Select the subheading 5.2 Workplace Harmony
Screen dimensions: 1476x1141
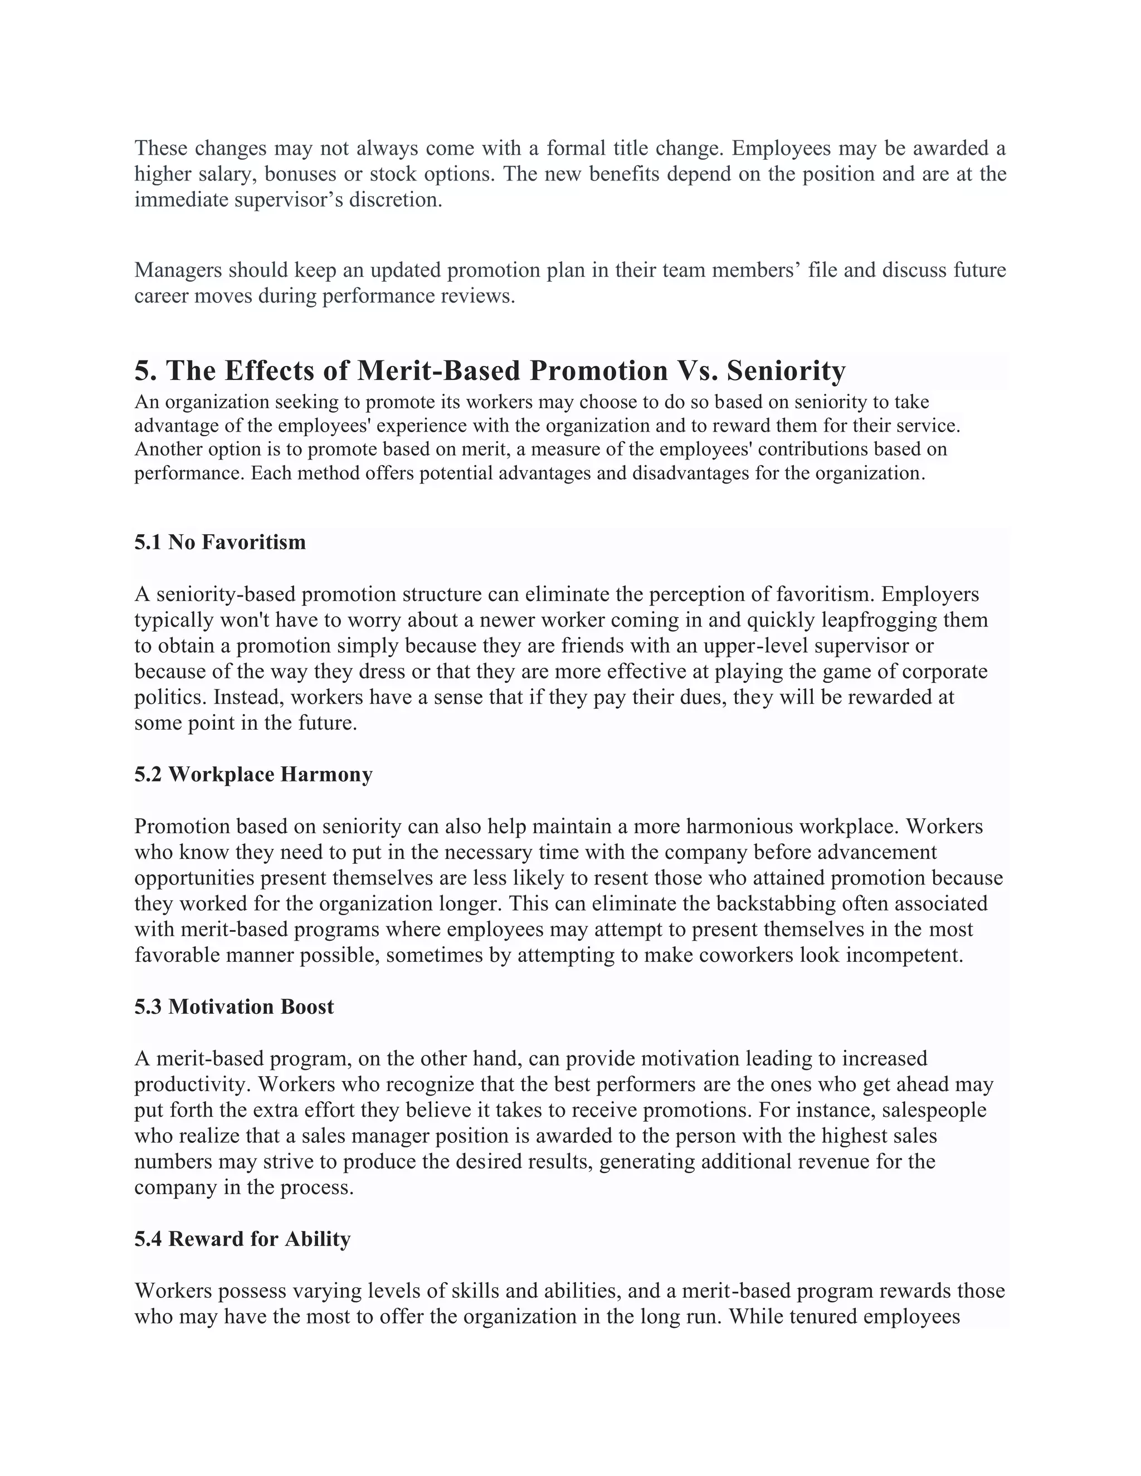[253, 775]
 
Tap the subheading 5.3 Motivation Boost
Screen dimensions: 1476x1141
[234, 1006]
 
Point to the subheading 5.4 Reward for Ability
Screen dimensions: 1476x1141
[242, 1239]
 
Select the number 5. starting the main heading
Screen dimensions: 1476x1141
[145, 371]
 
